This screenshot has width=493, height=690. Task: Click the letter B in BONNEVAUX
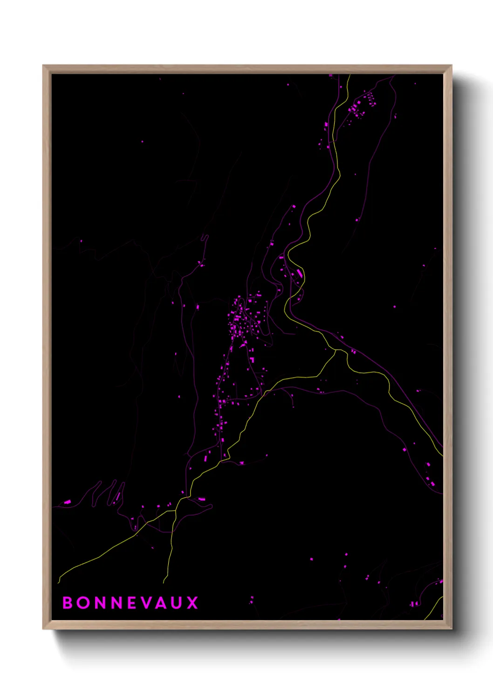click(x=68, y=603)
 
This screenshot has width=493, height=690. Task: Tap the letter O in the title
click(x=84, y=603)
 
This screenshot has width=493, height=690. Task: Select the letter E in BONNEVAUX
click(x=132, y=603)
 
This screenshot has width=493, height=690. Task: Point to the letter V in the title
click(x=147, y=603)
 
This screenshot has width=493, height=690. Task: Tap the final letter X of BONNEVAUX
click(x=192, y=603)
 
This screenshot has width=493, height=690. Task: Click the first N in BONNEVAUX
click(x=100, y=603)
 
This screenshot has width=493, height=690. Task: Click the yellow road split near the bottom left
click(x=175, y=511)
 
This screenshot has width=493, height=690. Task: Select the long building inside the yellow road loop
click(x=299, y=273)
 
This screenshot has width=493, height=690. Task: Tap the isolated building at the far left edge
click(x=67, y=502)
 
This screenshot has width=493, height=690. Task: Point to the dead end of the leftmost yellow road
click(x=59, y=582)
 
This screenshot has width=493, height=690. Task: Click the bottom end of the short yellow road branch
click(x=164, y=583)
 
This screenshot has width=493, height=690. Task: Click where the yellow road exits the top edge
click(x=349, y=75)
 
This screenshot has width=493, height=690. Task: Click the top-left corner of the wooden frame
click(x=43, y=66)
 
